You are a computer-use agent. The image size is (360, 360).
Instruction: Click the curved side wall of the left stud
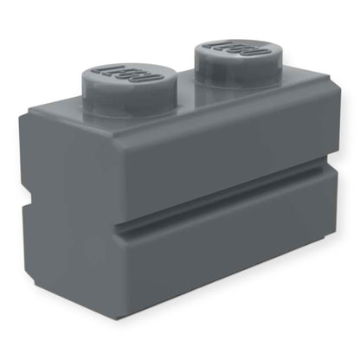coord(121,94)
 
